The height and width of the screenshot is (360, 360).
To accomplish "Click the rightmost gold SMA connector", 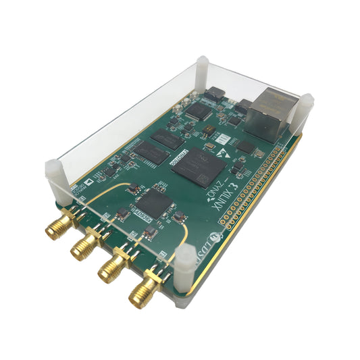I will pyautogui.click(x=143, y=292).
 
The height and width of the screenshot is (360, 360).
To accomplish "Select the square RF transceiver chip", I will pyautogui.click(x=155, y=201).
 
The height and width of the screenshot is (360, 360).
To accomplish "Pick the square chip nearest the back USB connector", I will pyautogui.click(x=199, y=110).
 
